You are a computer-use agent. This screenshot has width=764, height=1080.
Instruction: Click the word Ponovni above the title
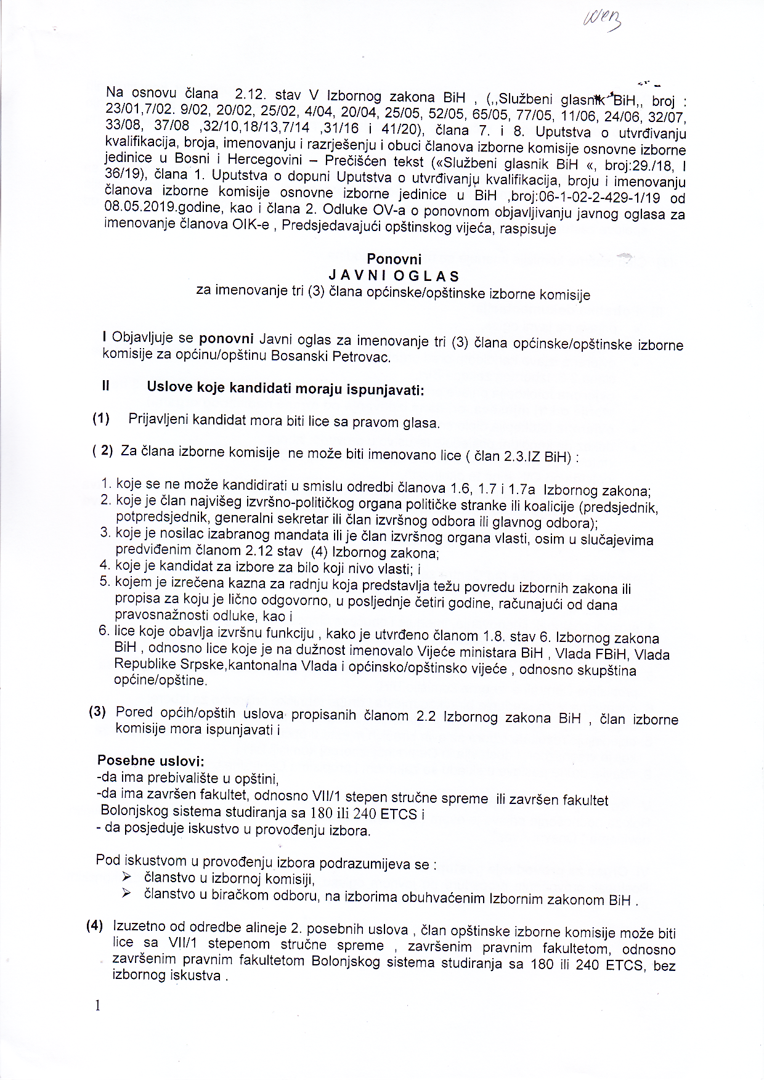click(394, 259)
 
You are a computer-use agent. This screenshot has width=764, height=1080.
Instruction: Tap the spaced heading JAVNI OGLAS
click(394, 275)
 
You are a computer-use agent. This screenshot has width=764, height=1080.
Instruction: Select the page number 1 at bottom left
click(97, 1005)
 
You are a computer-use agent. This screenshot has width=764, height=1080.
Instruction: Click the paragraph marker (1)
click(101, 419)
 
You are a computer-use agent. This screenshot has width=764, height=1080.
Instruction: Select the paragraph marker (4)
click(94, 925)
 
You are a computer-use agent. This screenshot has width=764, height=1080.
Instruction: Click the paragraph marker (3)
click(97, 712)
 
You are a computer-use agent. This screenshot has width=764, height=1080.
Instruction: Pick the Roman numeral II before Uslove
click(106, 386)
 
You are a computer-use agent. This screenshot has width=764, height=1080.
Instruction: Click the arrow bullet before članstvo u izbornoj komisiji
click(127, 877)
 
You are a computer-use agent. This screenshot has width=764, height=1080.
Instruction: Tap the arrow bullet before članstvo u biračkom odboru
click(127, 893)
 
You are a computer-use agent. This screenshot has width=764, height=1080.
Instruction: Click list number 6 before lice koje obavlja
click(104, 630)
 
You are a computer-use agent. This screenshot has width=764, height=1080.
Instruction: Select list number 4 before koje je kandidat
click(104, 565)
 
